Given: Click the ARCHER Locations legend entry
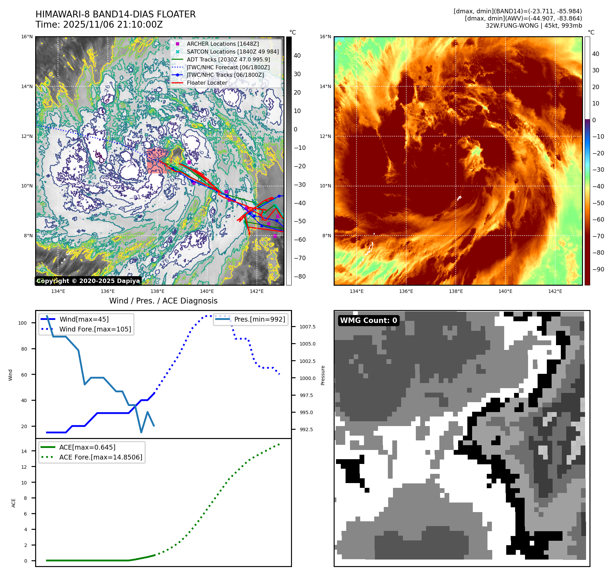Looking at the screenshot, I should click(x=222, y=44).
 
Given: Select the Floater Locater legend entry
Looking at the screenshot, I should click(x=207, y=83).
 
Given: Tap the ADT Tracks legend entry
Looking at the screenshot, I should click(x=228, y=59).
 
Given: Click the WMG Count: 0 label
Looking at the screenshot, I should click(x=368, y=321).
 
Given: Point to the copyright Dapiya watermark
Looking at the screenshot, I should click(x=88, y=281).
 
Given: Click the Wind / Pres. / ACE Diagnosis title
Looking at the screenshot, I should click(x=163, y=301).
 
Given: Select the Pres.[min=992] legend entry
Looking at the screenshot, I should click(x=259, y=319).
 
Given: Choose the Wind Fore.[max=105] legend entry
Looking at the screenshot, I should click(x=95, y=329).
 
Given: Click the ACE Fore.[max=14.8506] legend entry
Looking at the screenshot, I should click(x=101, y=457).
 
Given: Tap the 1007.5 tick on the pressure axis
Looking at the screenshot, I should click(x=307, y=327).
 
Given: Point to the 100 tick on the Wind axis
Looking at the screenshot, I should click(x=23, y=323).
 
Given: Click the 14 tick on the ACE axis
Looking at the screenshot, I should click(x=24, y=451).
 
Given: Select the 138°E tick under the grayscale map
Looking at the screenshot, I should click(x=157, y=291).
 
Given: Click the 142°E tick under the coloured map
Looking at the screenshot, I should click(x=555, y=291).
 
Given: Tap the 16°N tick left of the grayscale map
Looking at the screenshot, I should click(x=27, y=37).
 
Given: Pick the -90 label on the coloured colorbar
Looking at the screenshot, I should click(x=598, y=269).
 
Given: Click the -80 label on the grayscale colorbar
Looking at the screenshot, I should click(x=300, y=277).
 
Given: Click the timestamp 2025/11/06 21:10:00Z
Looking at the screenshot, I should click(x=113, y=25).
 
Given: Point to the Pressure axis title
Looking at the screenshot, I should click(x=323, y=375).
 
